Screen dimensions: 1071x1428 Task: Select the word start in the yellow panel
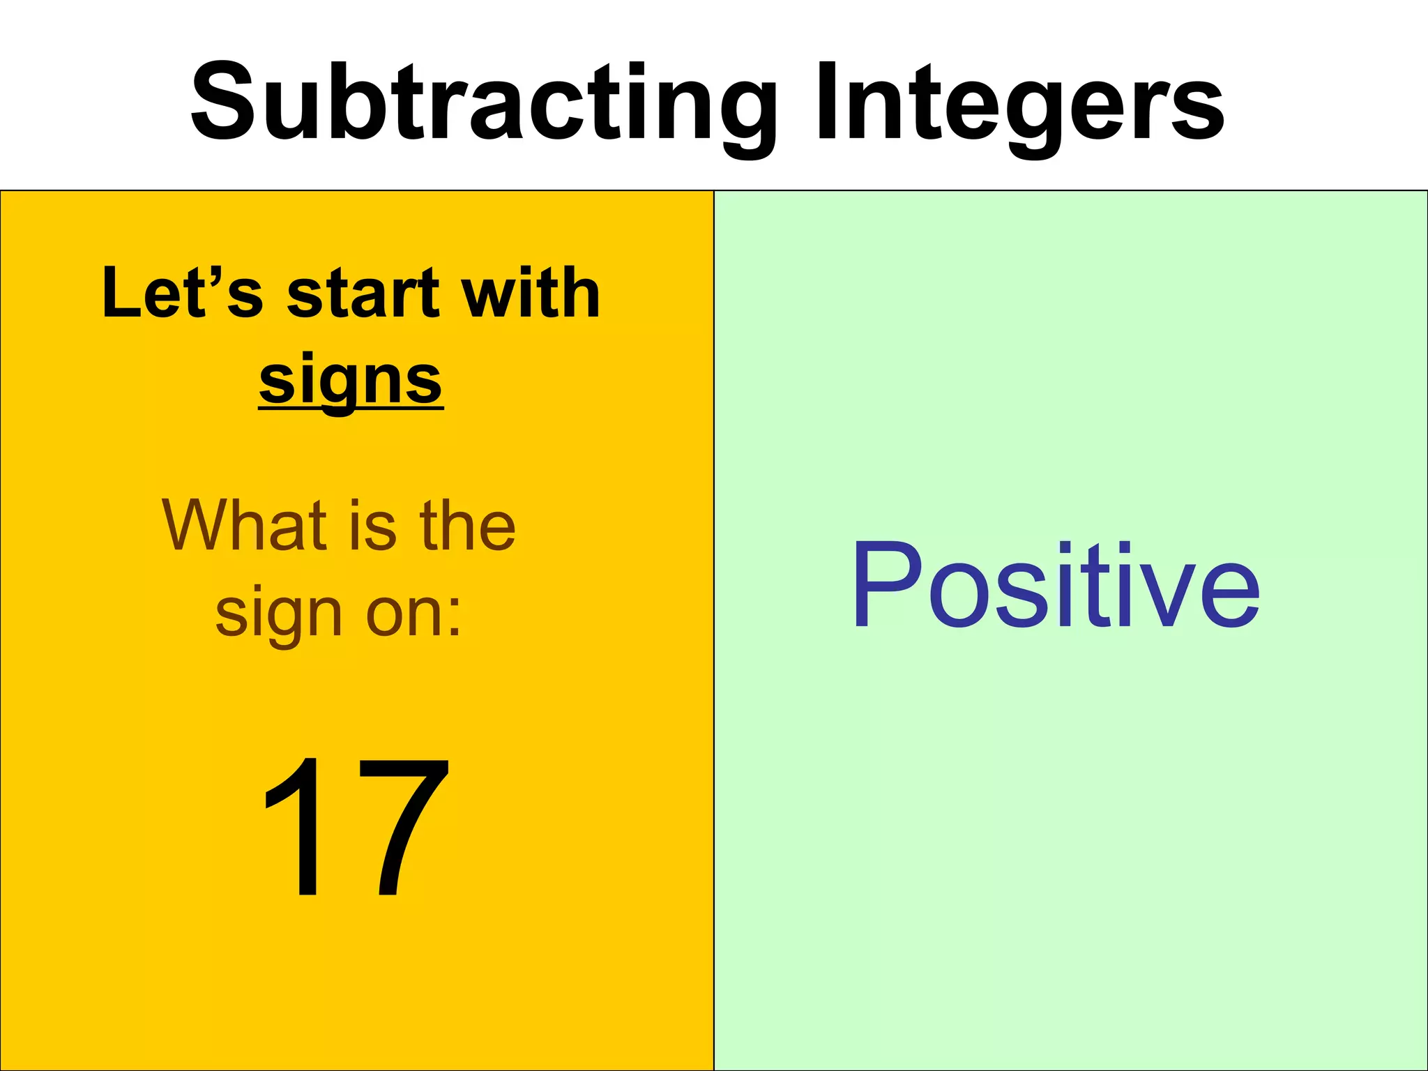(363, 294)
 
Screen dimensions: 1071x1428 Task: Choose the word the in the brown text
(467, 526)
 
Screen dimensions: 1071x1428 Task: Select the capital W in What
(202, 526)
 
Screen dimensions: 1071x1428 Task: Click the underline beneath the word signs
(351, 409)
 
